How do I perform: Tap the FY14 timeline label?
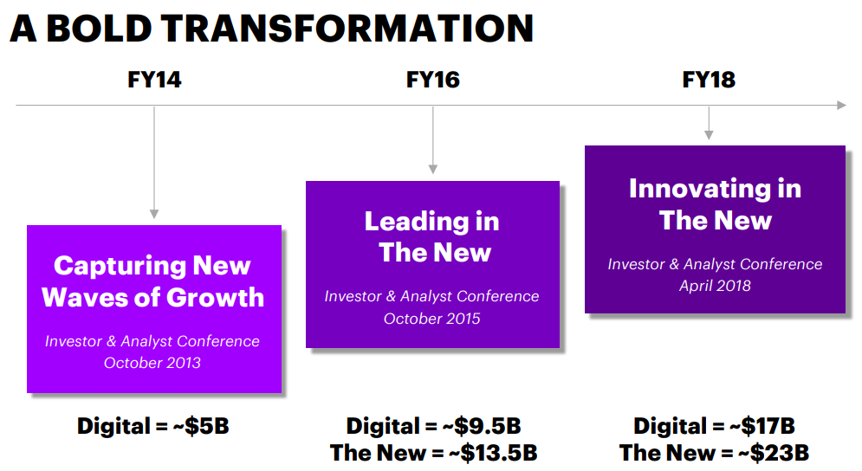(x=154, y=80)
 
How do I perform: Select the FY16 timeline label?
(x=432, y=80)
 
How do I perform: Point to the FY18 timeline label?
(x=709, y=80)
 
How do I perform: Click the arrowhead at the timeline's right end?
(x=842, y=105)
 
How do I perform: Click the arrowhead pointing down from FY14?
(x=154, y=214)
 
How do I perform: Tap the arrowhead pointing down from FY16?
(x=432, y=170)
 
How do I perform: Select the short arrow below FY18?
(x=709, y=123)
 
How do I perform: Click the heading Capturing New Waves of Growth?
(x=152, y=281)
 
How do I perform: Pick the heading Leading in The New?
(x=432, y=237)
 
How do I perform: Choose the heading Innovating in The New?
(x=716, y=204)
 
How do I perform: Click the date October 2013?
(x=152, y=363)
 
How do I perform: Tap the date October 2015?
(x=432, y=319)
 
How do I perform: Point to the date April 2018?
(x=715, y=286)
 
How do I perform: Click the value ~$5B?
(x=201, y=426)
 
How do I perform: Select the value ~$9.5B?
(x=481, y=426)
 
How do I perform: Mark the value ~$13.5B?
(x=493, y=453)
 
